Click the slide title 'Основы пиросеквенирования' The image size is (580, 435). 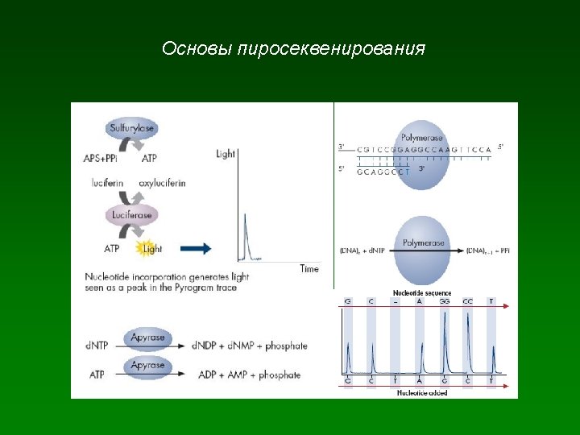point(293,49)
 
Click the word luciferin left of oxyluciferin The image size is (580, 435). point(107,183)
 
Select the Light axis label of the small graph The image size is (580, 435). point(226,154)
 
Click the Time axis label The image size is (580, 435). point(309,268)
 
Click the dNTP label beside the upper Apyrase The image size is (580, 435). point(95,346)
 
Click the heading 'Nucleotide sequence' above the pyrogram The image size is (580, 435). point(422,293)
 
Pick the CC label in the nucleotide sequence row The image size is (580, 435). point(467,301)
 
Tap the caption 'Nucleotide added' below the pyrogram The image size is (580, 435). point(421,393)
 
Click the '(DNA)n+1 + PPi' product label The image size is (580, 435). point(487,251)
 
